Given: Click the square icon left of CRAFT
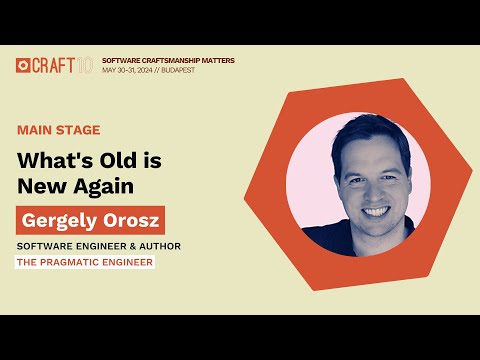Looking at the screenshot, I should pyautogui.click(x=23, y=65).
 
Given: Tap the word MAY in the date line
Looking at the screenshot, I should pyautogui.click(x=110, y=70).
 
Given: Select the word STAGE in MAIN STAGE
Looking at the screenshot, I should pyautogui.click(x=80, y=130).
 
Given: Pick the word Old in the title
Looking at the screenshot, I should pyautogui.click(x=124, y=161).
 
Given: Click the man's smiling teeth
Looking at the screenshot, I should pyautogui.click(x=373, y=212).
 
